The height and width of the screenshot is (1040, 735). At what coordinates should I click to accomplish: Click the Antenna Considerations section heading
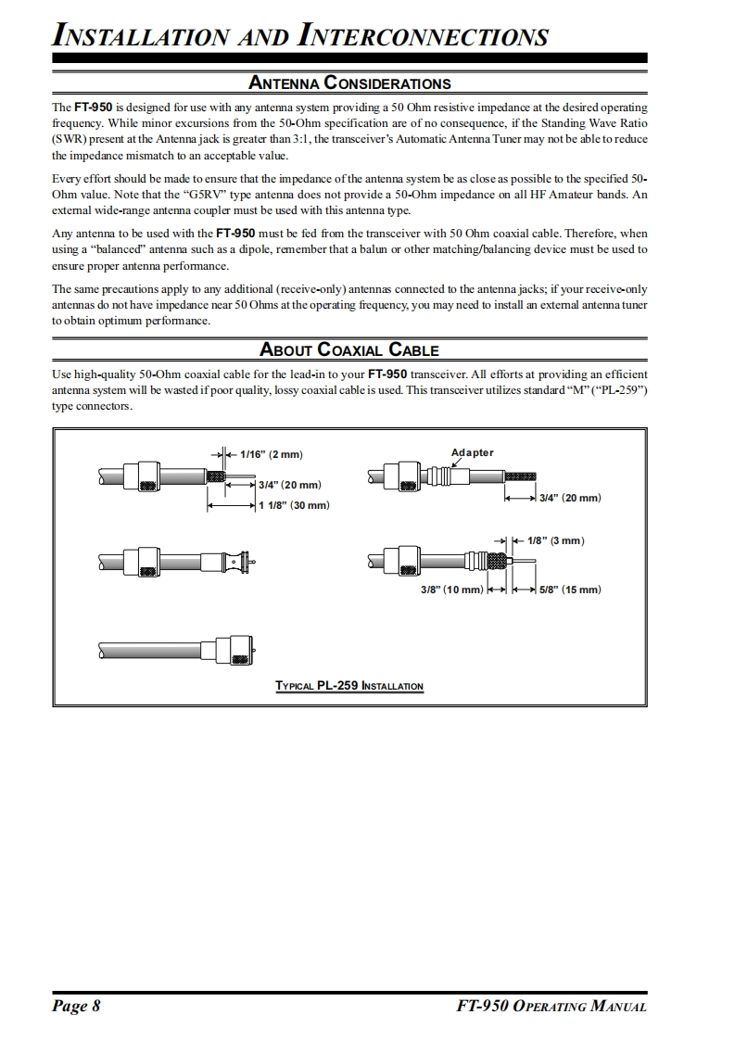coord(349,83)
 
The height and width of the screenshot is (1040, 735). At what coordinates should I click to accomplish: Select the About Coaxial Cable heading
coord(349,349)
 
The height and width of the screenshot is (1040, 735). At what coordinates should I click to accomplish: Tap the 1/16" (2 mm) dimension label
coord(272,454)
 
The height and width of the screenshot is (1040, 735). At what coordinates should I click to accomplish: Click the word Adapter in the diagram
coord(472,452)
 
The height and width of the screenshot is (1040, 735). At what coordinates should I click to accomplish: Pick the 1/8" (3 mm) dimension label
coord(555,540)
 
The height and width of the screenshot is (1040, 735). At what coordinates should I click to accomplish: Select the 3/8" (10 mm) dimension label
coord(451,590)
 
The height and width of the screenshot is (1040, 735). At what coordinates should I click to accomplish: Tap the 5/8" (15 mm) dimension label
coord(570,590)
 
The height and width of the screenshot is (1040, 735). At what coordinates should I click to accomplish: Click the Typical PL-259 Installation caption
coord(349,686)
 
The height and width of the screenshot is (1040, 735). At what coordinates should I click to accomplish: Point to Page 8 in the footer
coord(76,1007)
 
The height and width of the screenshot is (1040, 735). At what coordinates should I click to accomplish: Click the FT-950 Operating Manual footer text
coord(551,1007)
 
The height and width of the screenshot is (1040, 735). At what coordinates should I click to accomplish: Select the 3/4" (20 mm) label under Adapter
coord(570,498)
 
